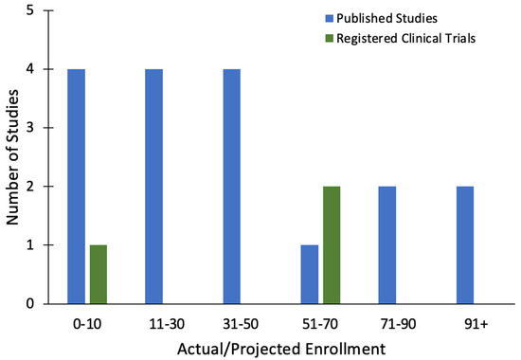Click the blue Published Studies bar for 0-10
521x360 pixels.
click(x=76, y=187)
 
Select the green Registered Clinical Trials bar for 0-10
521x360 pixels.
click(x=99, y=275)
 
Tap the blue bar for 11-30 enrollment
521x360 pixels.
click(x=153, y=187)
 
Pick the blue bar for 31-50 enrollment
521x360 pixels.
click(x=231, y=187)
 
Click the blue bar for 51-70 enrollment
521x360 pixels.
click(x=310, y=275)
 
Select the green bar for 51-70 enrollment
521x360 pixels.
click(x=332, y=245)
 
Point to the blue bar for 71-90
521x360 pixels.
click(x=387, y=245)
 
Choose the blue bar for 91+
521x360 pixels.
click(x=465, y=245)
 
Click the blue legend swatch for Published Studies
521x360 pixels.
click(x=329, y=18)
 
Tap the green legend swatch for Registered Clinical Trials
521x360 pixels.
click(x=329, y=39)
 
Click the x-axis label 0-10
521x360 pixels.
click(x=87, y=324)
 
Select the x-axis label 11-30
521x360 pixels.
click(x=167, y=324)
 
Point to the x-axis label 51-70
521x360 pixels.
click(x=320, y=324)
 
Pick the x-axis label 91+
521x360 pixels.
click(x=476, y=324)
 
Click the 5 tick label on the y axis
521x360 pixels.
click(x=30, y=10)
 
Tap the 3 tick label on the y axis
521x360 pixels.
click(x=30, y=128)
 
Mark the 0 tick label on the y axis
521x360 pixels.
click(x=30, y=304)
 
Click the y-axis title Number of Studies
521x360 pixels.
click(x=12, y=157)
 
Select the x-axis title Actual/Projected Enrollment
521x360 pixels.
click(x=281, y=350)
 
